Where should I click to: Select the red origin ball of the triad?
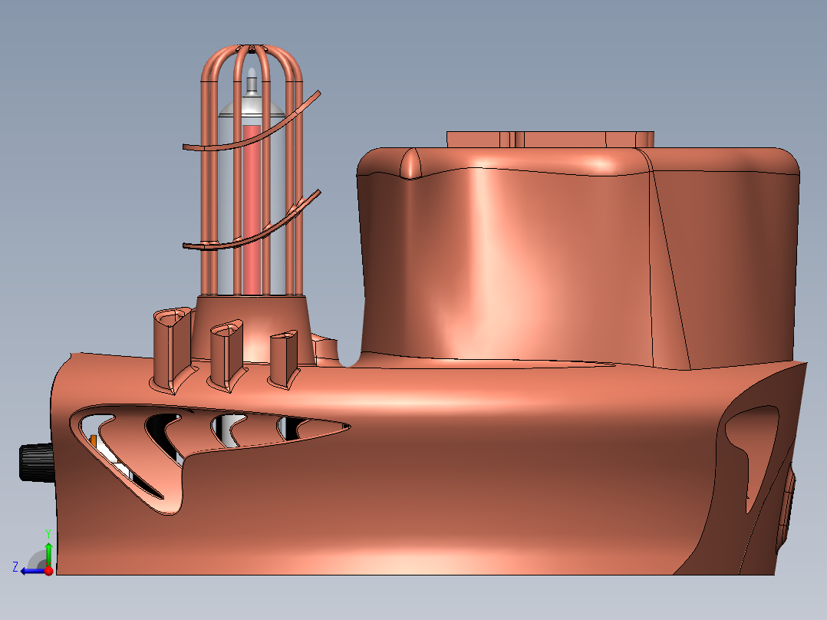tap(48, 571)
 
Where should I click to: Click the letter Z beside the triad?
tap(15, 567)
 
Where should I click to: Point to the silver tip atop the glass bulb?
tap(251, 83)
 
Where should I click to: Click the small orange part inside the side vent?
tap(94, 442)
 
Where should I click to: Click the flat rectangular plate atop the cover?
tap(549, 139)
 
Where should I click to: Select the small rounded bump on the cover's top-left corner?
tap(410, 163)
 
